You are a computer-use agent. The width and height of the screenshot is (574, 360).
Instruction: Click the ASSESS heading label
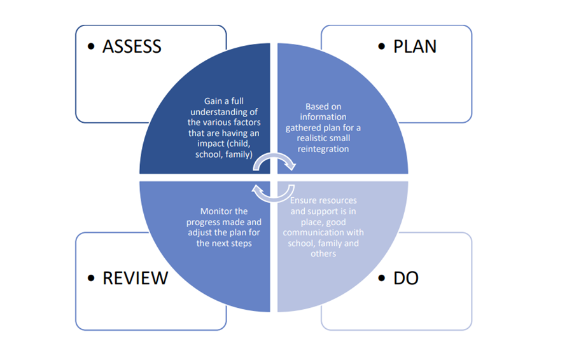132,46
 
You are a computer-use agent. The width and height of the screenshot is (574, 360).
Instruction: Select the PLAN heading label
415,46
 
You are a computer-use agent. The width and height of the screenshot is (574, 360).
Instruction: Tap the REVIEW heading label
136,278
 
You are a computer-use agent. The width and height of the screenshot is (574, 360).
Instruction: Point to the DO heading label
406,278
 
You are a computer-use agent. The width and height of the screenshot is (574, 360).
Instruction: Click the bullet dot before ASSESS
92,47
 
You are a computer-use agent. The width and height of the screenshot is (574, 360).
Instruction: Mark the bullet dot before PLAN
382,47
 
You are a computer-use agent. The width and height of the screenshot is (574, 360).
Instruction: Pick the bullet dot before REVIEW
92,279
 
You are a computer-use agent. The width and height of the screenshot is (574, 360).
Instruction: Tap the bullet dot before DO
382,279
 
